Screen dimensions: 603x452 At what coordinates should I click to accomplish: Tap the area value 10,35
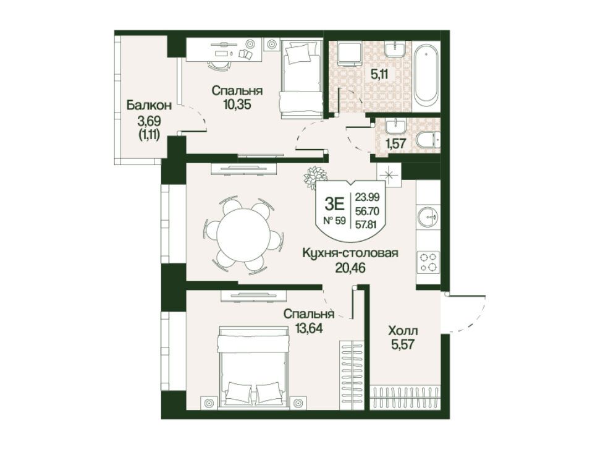click(x=237, y=104)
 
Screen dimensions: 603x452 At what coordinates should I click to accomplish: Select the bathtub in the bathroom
click(x=426, y=73)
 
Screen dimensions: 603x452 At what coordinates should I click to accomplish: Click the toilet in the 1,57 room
click(x=428, y=140)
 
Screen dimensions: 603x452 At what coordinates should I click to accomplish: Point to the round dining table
click(x=243, y=236)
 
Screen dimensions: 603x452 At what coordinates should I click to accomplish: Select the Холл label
click(x=403, y=331)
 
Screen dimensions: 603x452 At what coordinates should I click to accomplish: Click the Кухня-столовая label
click(x=350, y=254)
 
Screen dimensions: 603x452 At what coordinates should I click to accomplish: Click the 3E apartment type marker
click(x=334, y=204)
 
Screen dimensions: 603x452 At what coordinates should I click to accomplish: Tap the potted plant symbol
click(x=315, y=178)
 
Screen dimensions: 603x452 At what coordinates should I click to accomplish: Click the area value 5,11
click(x=379, y=74)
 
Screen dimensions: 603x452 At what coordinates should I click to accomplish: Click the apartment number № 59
click(x=334, y=221)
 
